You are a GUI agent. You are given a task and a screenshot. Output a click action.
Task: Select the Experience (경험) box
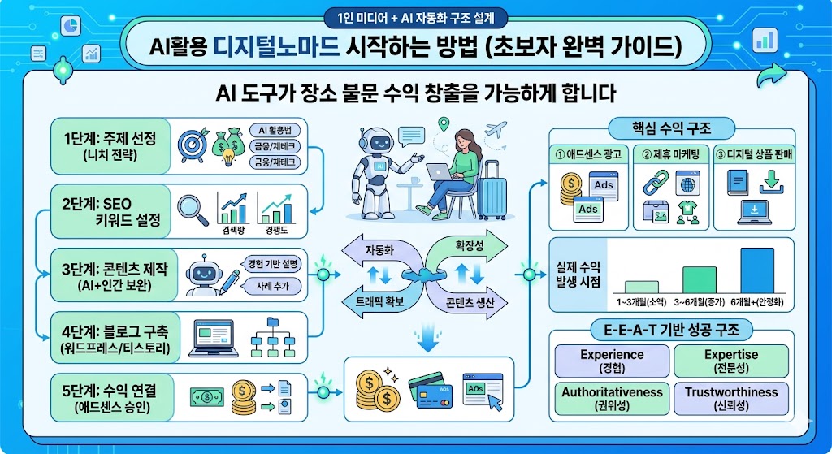pos(612,361)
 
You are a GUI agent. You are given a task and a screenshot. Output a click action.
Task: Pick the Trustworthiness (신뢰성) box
pos(730,398)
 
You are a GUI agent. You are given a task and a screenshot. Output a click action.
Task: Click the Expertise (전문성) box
pos(730,361)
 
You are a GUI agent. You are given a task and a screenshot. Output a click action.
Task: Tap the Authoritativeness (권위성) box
pos(612,398)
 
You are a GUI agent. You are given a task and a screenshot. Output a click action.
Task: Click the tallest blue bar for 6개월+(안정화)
pos(757,270)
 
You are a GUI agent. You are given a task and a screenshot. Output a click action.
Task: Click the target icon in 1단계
pos(193,145)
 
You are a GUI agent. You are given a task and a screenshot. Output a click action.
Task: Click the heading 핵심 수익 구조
pos(671,128)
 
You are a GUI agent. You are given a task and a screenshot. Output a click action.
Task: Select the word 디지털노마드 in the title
pos(275,46)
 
